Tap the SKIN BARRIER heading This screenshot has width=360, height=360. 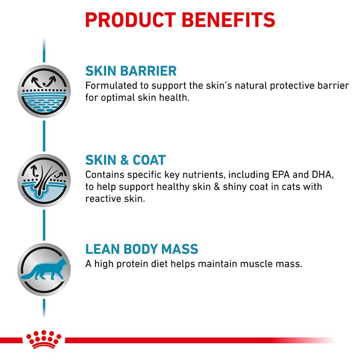tap(131, 72)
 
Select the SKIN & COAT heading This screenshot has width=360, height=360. tap(126, 160)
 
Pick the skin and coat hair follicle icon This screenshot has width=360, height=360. tap(43, 180)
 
